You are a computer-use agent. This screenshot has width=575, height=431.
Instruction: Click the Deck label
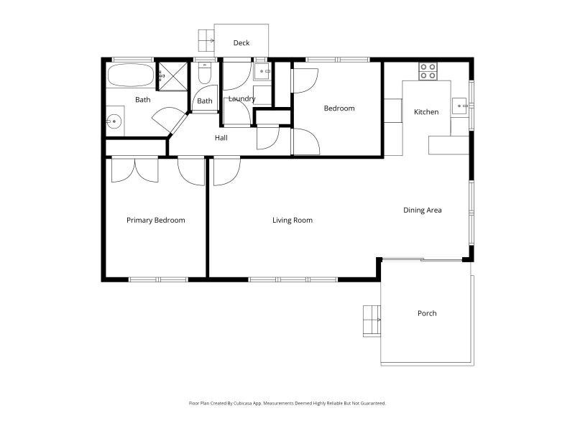click(241, 43)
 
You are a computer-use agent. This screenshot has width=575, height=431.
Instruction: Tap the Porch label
click(427, 313)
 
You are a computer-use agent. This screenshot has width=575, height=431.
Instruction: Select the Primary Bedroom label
click(155, 221)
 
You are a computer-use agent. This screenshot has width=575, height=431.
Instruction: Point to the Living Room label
click(293, 221)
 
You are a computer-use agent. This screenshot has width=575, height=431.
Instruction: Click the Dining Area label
click(422, 210)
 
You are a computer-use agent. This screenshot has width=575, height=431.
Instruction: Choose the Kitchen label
click(426, 112)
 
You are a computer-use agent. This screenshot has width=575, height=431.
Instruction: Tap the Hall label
click(221, 138)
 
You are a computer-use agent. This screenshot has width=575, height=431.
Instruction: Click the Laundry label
click(241, 98)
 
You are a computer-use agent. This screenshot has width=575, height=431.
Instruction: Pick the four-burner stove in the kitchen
click(428, 71)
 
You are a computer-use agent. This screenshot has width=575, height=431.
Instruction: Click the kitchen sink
click(459, 106)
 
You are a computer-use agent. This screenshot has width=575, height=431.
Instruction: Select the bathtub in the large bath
click(130, 75)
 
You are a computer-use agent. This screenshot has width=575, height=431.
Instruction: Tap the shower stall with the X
click(172, 76)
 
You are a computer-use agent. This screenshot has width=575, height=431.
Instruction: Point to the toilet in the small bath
click(205, 73)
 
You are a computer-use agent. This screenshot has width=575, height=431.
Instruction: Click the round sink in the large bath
click(114, 121)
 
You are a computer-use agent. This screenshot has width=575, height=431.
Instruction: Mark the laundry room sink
click(262, 71)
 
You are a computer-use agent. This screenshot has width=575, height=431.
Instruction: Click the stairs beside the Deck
click(206, 41)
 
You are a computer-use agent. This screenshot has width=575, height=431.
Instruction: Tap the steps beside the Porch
click(372, 320)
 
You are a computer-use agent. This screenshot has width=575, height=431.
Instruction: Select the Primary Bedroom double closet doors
click(135, 170)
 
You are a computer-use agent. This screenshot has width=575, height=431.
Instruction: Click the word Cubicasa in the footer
click(242, 404)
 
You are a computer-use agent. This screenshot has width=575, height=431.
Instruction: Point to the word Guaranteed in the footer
click(373, 404)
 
